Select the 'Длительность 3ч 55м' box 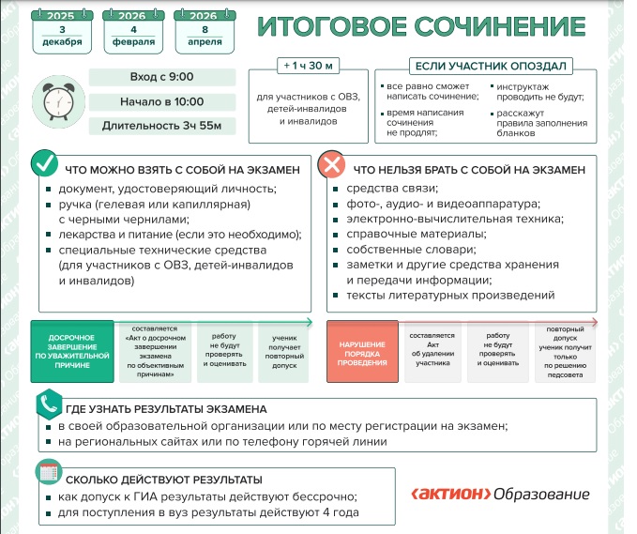click(156, 126)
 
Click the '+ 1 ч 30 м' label click(303, 68)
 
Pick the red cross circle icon click(331, 166)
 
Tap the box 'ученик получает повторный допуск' click(283, 349)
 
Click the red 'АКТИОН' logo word click(449, 495)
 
